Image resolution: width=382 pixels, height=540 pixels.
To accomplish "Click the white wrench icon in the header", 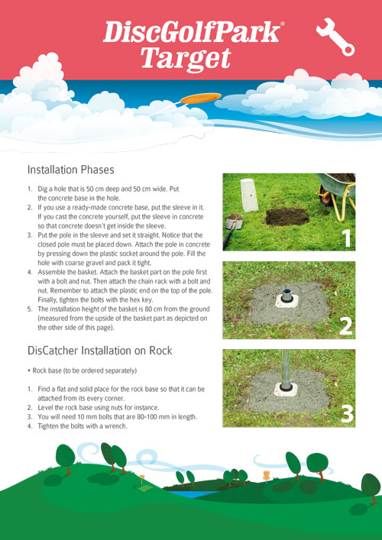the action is (335, 37).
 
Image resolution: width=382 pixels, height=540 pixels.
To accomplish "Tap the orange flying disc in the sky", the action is (200, 99).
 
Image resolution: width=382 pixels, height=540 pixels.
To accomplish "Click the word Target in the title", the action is (186, 60).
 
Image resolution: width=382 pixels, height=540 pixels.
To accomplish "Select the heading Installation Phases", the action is (70, 170).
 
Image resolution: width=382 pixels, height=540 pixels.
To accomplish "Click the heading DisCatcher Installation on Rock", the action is (99, 351).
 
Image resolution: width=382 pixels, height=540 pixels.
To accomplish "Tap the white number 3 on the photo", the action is (347, 415).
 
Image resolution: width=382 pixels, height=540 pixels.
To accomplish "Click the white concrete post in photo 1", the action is (249, 195).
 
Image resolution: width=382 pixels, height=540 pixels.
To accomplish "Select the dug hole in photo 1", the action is (287, 217).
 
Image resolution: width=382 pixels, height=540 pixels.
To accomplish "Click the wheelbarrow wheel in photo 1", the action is (325, 196).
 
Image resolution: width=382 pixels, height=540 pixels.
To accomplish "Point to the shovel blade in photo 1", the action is (235, 221).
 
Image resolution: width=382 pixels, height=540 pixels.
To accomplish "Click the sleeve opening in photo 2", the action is (286, 292).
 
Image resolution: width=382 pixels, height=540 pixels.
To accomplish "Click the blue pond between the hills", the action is (185, 494).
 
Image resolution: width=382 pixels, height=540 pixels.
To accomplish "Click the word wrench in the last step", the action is (117, 426).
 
